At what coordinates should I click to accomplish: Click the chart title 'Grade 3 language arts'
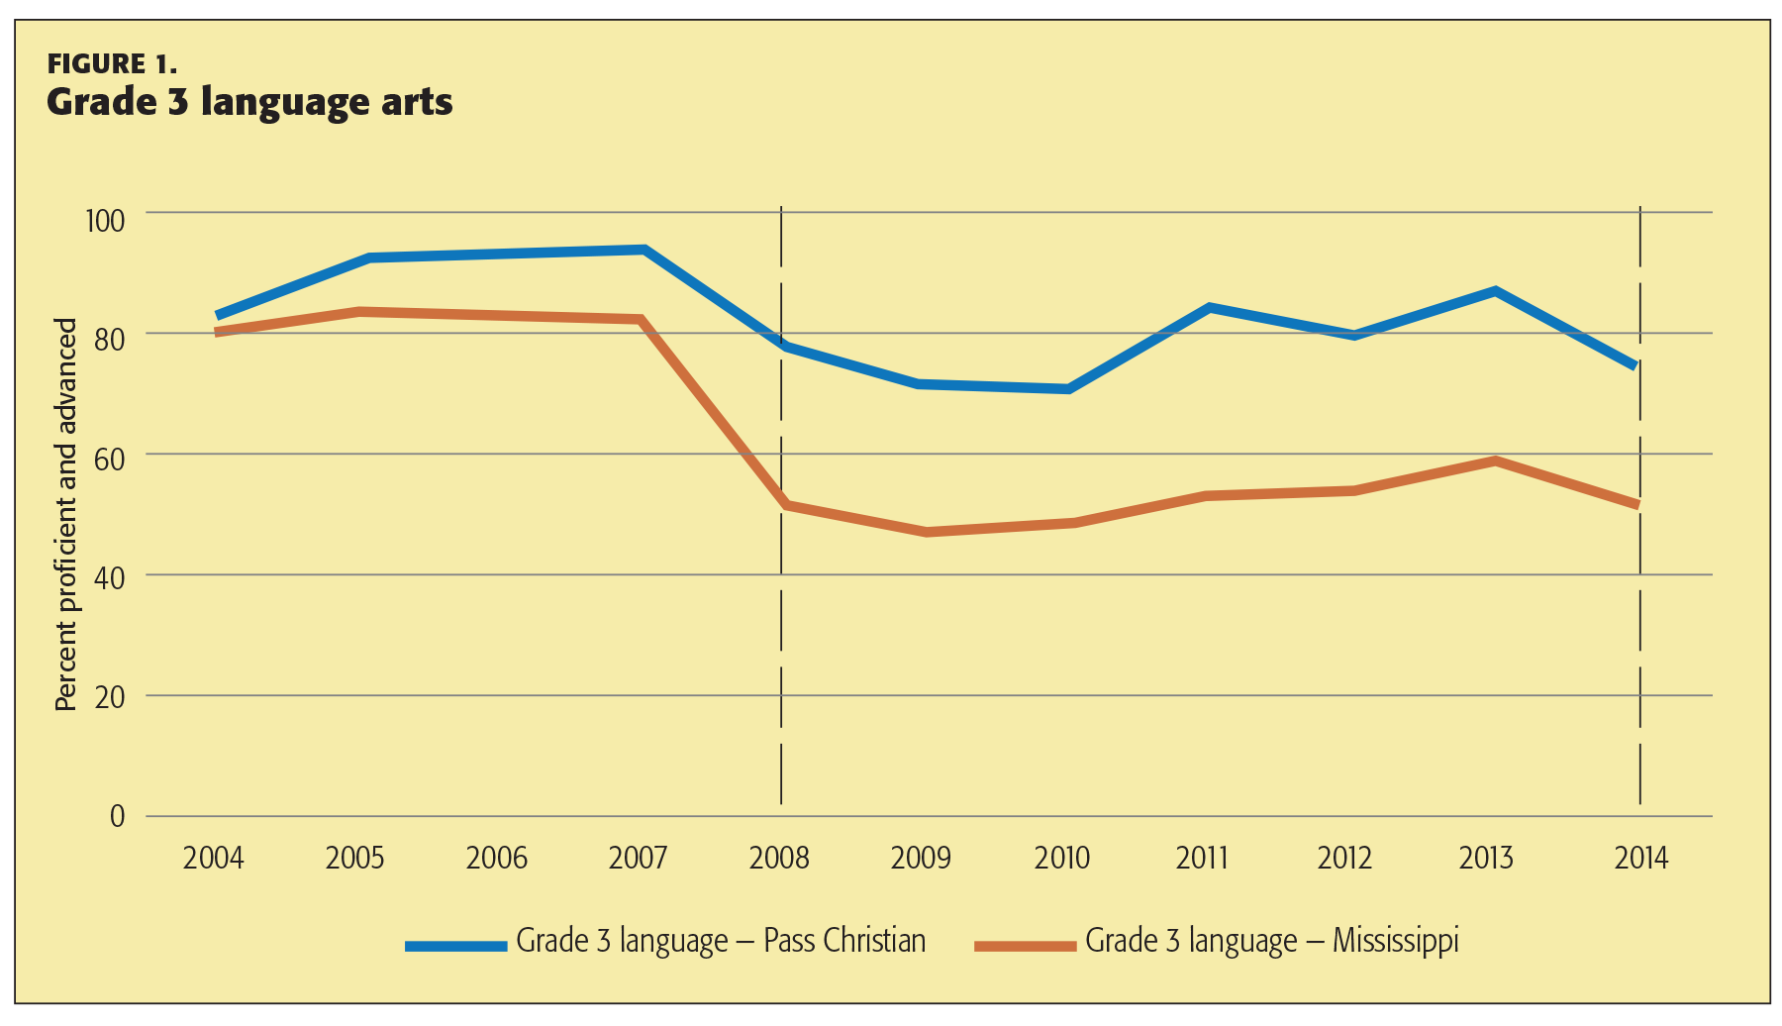[249, 102]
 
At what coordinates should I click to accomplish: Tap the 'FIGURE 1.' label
[112, 64]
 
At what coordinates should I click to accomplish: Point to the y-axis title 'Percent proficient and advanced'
[65, 515]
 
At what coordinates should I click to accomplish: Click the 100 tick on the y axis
[105, 220]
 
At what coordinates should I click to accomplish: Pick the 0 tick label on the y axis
[118, 817]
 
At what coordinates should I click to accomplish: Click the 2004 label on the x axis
[213, 858]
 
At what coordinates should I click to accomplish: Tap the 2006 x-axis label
[496, 858]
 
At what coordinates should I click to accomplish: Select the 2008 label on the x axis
[779, 858]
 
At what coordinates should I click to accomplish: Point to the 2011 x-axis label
[1202, 858]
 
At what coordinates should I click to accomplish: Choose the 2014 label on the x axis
[1640, 858]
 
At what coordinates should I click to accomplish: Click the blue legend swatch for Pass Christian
[456, 946]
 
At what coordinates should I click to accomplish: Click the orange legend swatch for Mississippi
[1025, 946]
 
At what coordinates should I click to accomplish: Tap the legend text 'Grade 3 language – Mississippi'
[1272, 941]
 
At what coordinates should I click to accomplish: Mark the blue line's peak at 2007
[643, 250]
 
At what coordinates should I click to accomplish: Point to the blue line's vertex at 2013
[1495, 291]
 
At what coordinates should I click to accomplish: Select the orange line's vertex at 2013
[1495, 461]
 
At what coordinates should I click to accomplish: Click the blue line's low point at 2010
[1068, 389]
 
